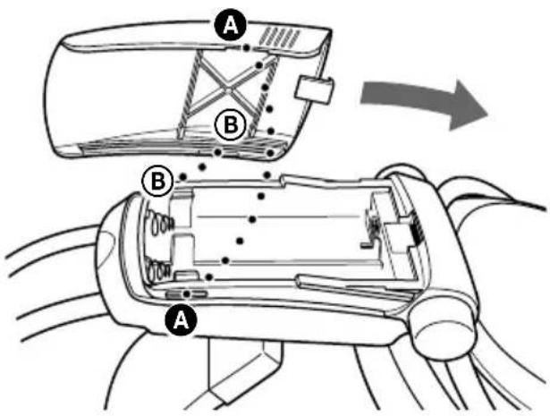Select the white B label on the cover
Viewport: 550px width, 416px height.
(x=229, y=125)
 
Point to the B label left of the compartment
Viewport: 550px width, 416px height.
(x=156, y=182)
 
